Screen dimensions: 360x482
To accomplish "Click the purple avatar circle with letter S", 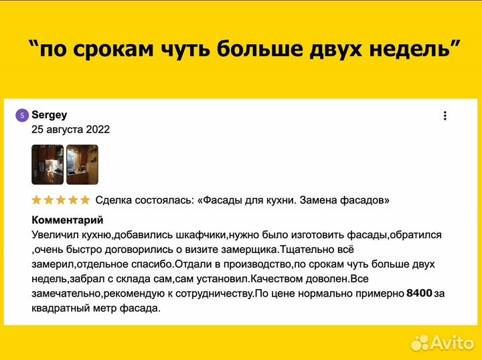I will click(21, 115).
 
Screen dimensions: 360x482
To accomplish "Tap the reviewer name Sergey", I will click(50, 115).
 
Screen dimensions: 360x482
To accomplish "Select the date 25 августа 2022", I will click(70, 129).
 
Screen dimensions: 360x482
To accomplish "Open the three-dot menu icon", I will click(445, 116).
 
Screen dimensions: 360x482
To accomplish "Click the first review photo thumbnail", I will click(48, 165).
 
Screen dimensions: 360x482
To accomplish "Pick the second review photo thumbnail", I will click(82, 165).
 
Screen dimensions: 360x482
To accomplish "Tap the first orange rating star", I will click(37, 199).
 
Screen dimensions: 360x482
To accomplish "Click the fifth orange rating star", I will click(85, 199).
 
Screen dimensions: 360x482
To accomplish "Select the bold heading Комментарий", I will click(67, 219).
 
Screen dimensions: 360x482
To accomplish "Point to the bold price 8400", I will click(420, 293).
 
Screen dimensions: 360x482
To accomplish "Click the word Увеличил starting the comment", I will click(54, 235).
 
